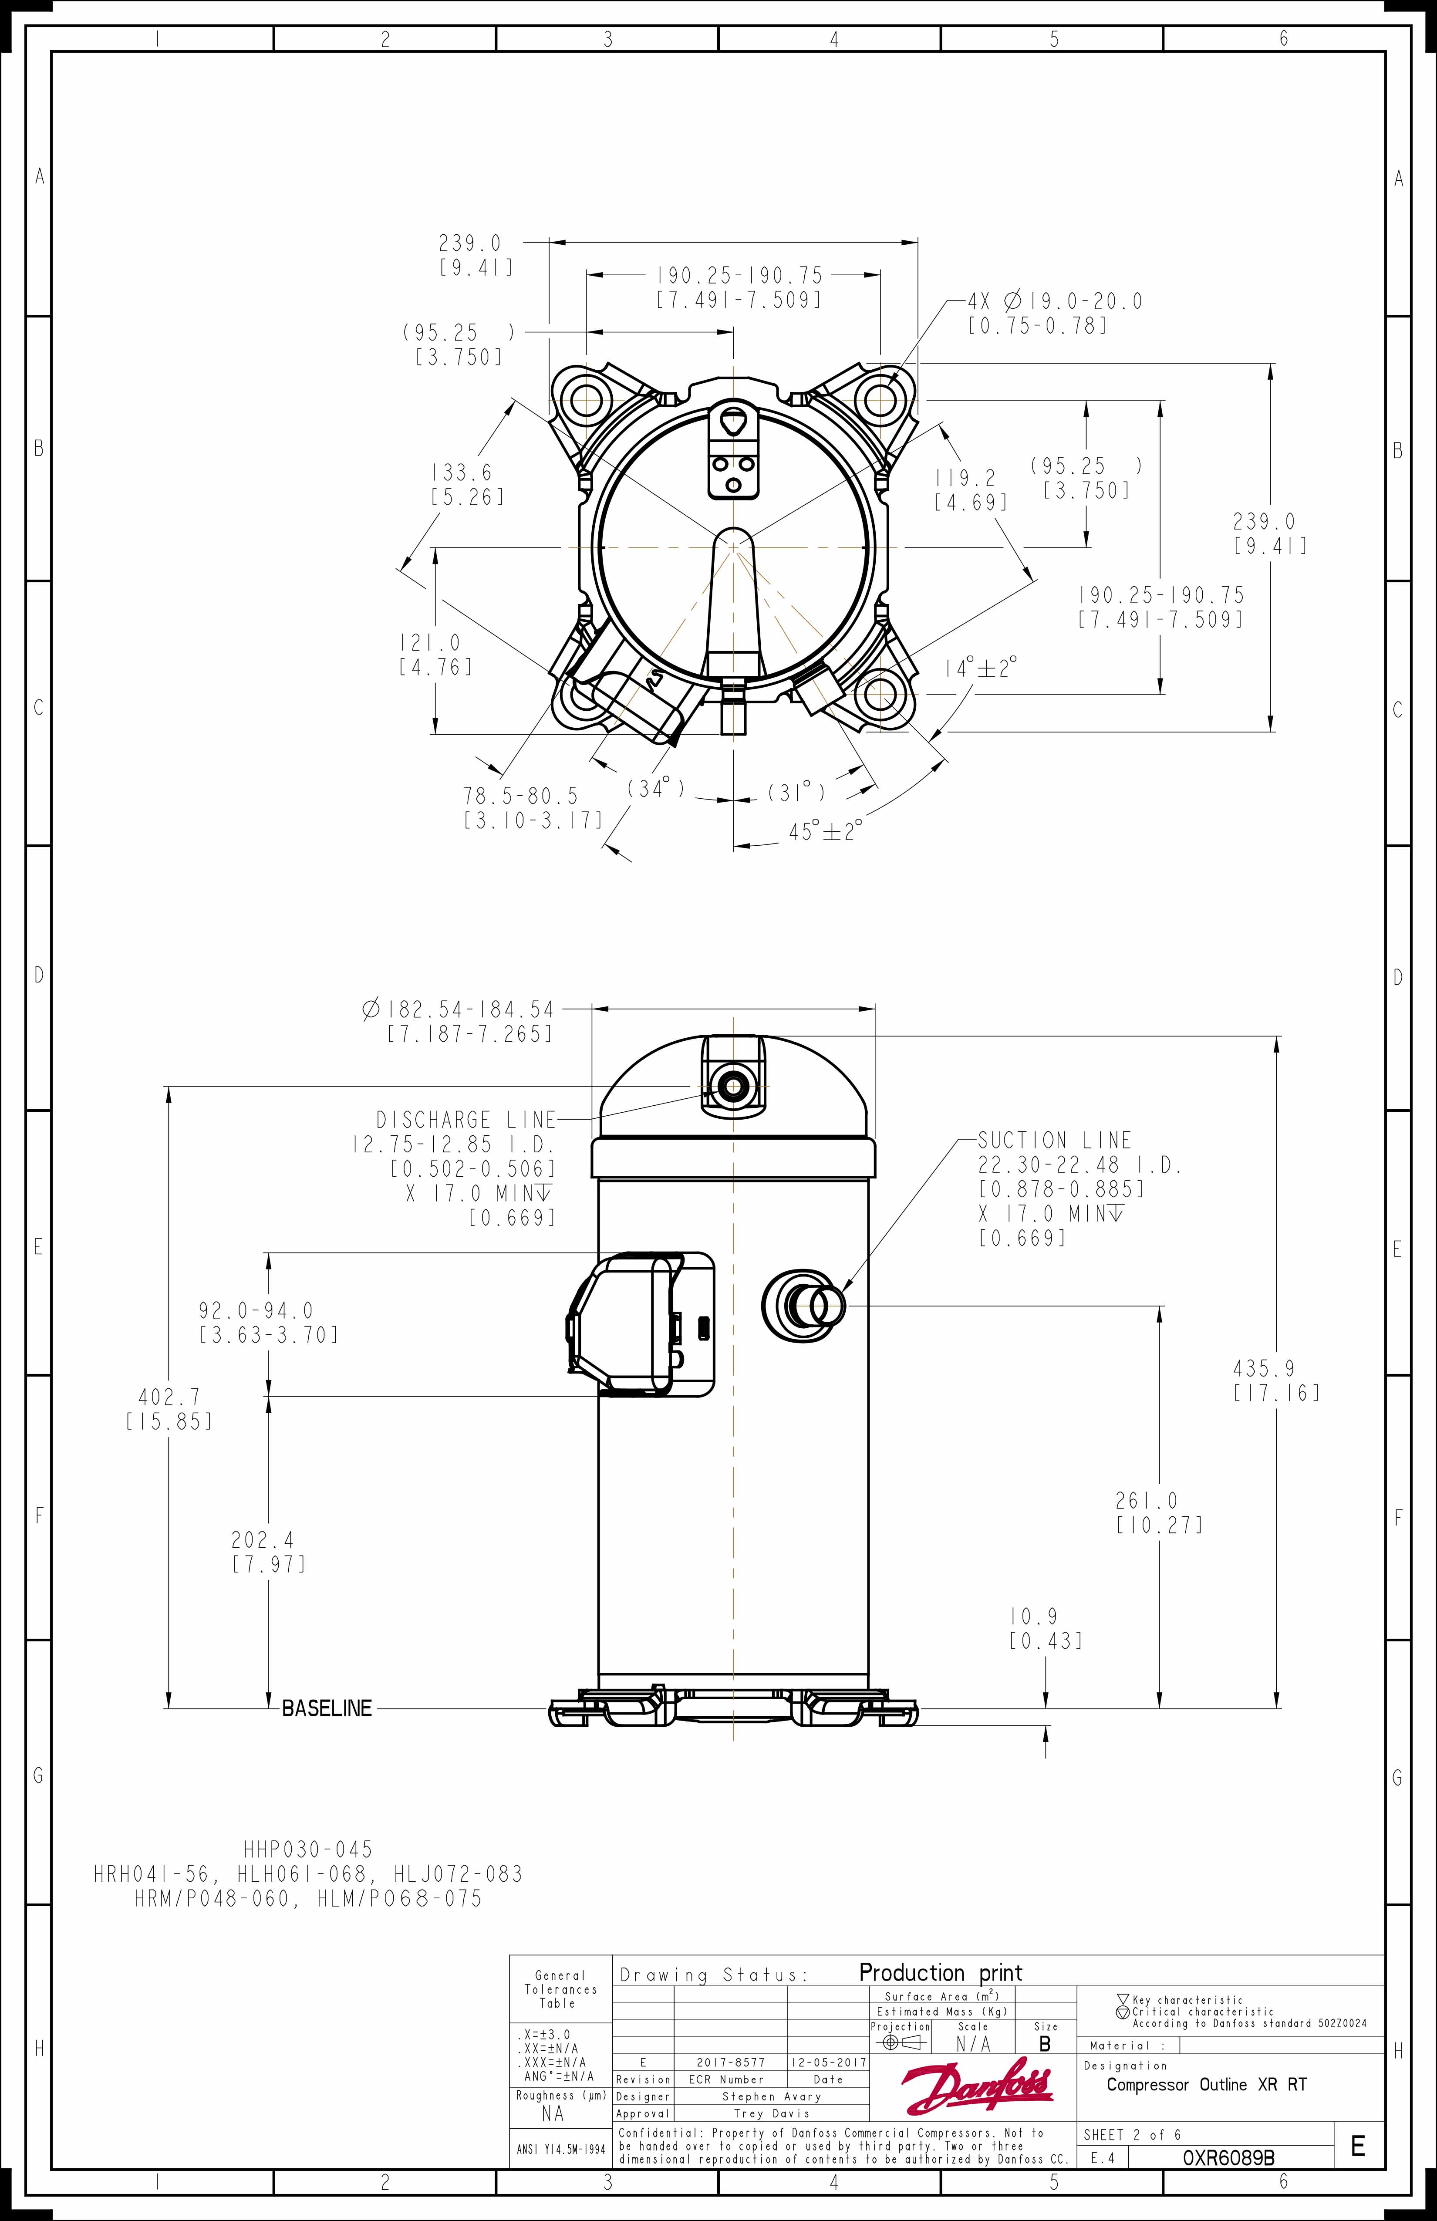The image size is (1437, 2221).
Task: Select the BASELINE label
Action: click(x=327, y=1708)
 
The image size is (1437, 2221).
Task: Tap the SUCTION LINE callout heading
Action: click(x=1054, y=1141)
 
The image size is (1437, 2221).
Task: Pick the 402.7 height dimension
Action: click(x=169, y=1397)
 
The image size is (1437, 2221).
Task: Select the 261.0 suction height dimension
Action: click(x=1147, y=1501)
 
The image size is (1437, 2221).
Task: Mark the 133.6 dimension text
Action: click(x=461, y=473)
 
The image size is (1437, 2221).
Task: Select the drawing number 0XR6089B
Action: click(x=1228, y=2157)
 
